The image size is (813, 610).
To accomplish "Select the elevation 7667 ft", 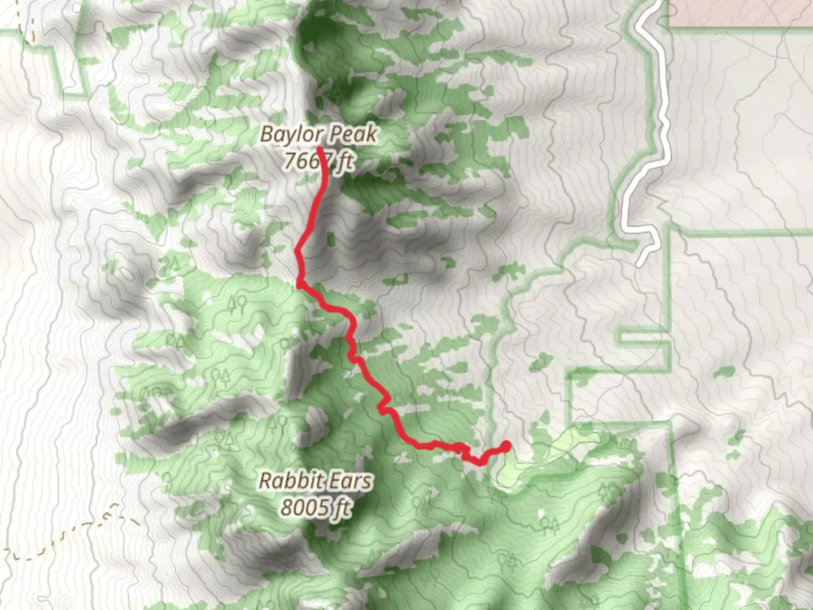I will pyautogui.click(x=318, y=162).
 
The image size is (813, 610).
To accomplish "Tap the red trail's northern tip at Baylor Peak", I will pyautogui.click(x=320, y=149).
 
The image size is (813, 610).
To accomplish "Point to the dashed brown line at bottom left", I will pyautogui.click(x=62, y=531).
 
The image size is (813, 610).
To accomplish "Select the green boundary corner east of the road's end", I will pyautogui.click(x=668, y=232).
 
